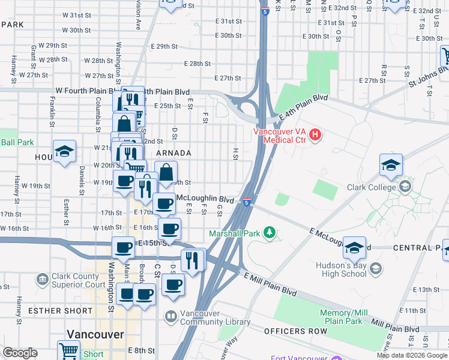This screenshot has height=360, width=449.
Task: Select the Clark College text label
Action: [x=372, y=187]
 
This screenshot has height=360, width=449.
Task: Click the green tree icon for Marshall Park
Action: [x=270, y=232]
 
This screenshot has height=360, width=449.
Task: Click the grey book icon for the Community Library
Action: [x=171, y=315]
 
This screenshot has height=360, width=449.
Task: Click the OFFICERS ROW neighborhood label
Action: [x=295, y=331]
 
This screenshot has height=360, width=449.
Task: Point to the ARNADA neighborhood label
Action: [x=173, y=154]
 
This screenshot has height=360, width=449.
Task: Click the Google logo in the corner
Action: [x=20, y=353]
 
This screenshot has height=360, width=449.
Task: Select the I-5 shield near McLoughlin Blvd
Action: [x=247, y=202]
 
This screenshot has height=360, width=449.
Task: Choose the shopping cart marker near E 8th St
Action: [x=68, y=350]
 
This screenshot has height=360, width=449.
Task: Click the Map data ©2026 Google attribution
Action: [x=411, y=355]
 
